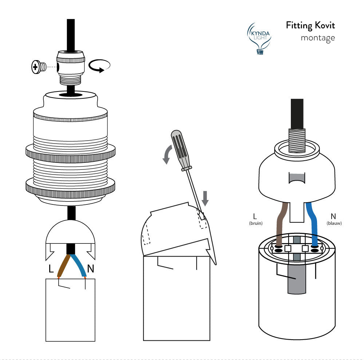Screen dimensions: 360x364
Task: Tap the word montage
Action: tap(317, 38)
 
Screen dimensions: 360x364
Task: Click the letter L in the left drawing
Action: tap(51, 269)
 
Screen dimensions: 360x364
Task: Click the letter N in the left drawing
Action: tap(91, 269)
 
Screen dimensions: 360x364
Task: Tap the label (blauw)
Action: tap(334, 223)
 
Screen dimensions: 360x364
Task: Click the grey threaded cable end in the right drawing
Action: tap(296, 140)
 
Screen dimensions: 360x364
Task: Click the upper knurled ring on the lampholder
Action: tap(71, 151)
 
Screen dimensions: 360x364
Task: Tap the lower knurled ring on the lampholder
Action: tap(71, 185)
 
